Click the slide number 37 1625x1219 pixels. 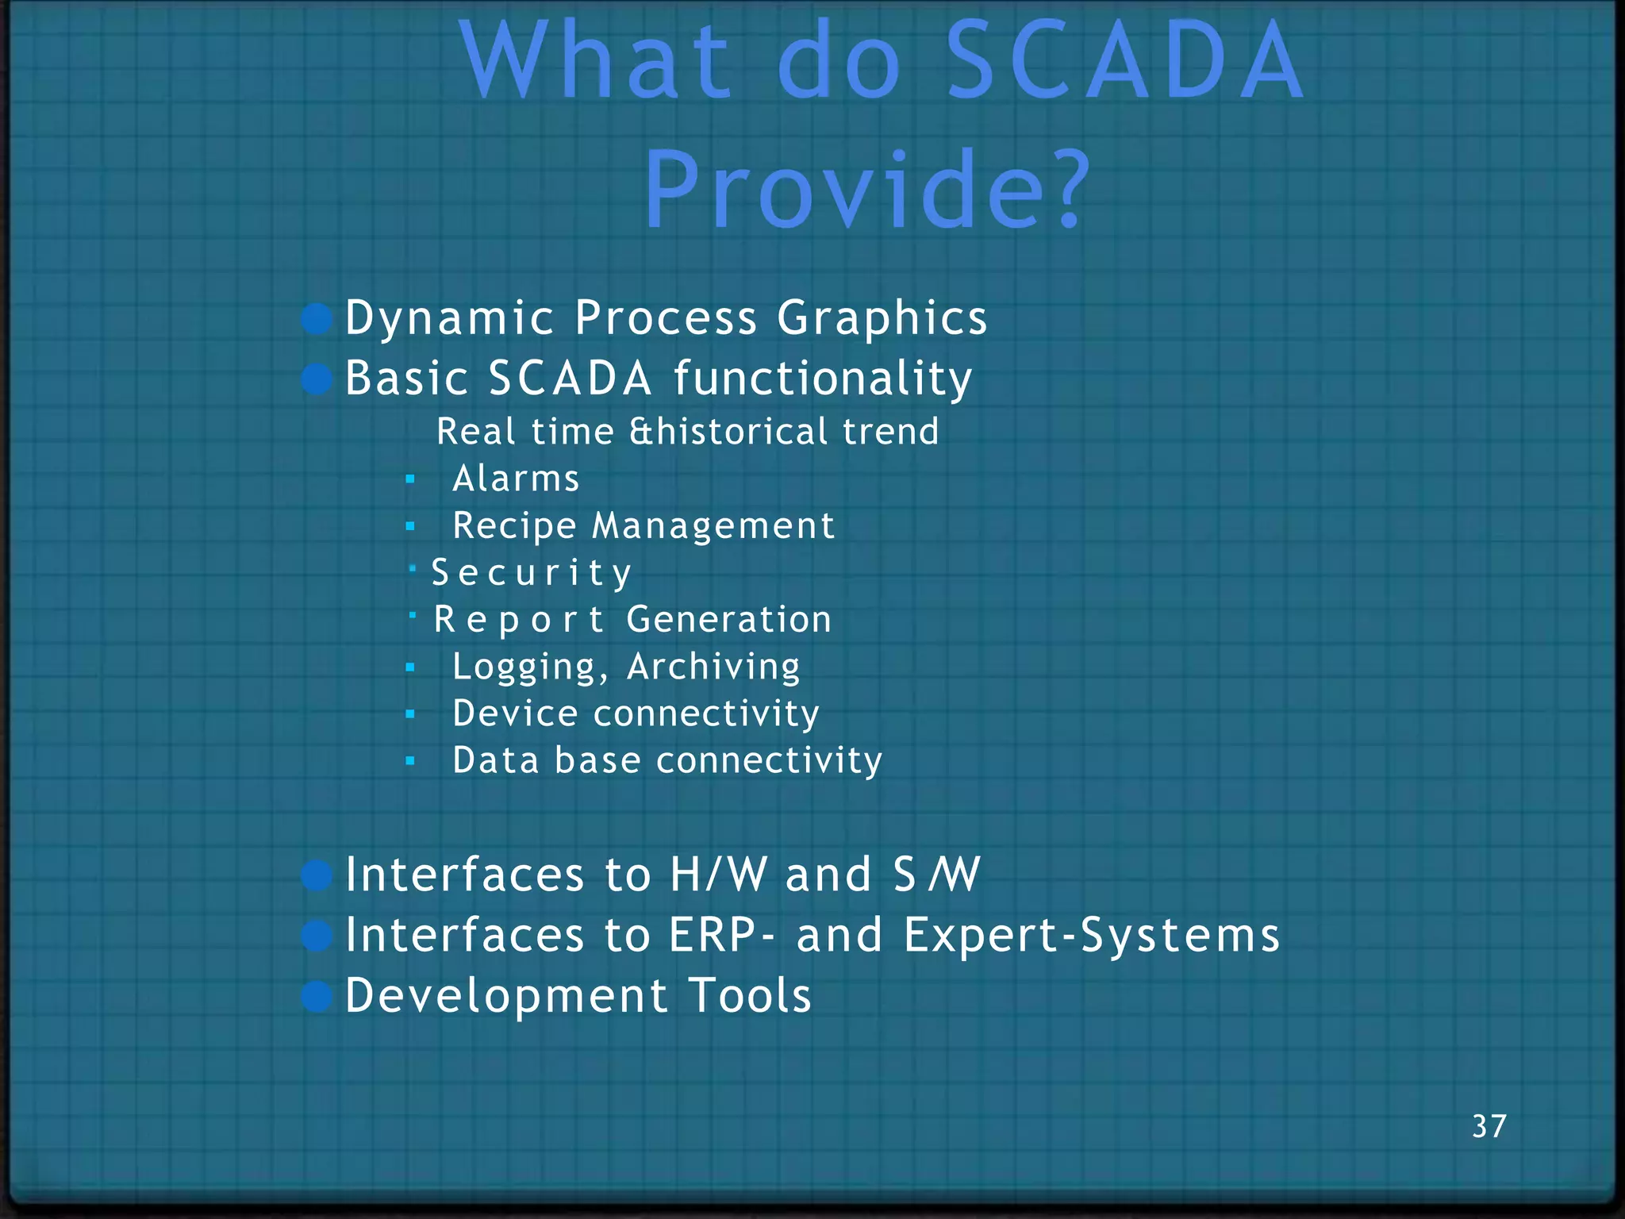[x=1489, y=1126]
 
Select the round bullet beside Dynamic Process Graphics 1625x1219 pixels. [x=317, y=319]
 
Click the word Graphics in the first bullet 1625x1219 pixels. [x=882, y=319]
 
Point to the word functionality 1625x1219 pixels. [x=823, y=379]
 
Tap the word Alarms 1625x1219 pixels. [x=516, y=479]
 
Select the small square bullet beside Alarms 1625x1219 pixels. [x=410, y=479]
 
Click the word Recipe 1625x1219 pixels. [x=514, y=526]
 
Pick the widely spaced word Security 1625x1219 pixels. [x=532, y=573]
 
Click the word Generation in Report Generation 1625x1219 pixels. [x=728, y=620]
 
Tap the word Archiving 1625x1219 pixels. [x=713, y=667]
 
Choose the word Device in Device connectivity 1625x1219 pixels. [x=515, y=713]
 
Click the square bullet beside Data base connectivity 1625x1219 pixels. [x=410, y=761]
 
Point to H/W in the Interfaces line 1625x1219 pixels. [x=718, y=875]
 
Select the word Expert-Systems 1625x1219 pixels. [x=1092, y=935]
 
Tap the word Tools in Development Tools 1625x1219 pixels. [x=750, y=995]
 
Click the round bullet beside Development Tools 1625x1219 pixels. [x=317, y=997]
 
